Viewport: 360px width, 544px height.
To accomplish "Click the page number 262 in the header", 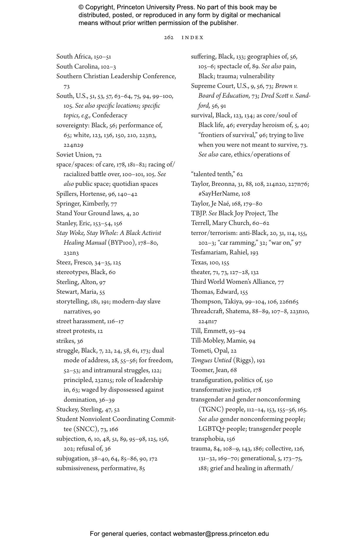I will pos(169,38).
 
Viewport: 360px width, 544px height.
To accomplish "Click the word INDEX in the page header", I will pos(192,38).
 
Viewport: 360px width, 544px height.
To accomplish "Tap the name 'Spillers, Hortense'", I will pos(81,194).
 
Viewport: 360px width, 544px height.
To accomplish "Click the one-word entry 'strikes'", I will pos(65,341).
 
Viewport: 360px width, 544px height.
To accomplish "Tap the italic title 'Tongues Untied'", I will pos(211,361).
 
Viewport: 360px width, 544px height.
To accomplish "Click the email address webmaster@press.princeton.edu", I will pos(221,534).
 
